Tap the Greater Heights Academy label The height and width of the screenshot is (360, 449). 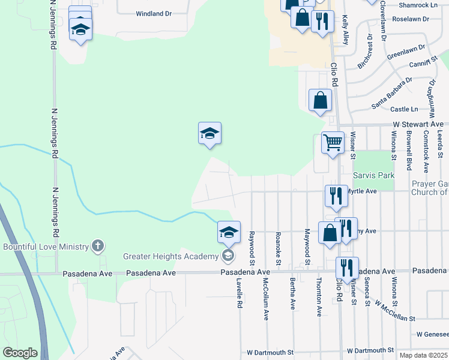[170, 257]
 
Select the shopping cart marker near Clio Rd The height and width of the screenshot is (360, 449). [333, 143]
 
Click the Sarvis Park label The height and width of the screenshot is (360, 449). [373, 175]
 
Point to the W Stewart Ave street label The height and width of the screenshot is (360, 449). [418, 124]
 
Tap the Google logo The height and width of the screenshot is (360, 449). [20, 353]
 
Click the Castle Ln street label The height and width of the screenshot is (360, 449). [404, 109]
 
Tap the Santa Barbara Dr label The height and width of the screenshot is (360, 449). [391, 93]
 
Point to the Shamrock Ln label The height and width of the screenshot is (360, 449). [418, 5]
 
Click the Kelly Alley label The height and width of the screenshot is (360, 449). [345, 30]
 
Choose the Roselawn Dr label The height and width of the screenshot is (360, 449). [410, 19]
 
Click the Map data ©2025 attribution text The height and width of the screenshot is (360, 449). [422, 355]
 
